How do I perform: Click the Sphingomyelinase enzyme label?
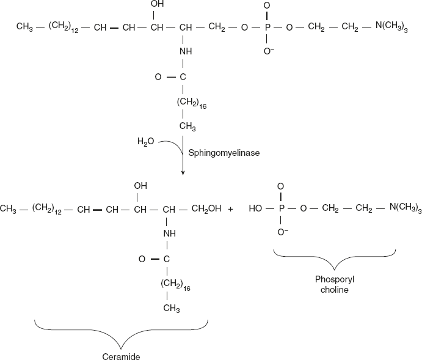coord(224,153)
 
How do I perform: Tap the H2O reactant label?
coord(146,142)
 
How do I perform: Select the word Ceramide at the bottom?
coord(121,355)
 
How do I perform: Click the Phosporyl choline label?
coord(334,284)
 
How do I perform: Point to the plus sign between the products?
coord(231,209)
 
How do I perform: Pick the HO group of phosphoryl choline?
coord(257,209)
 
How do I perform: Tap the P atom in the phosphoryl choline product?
coord(282,209)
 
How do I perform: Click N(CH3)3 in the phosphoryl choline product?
coord(406,209)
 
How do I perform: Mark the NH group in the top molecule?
coord(185,53)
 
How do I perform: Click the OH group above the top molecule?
coord(156,5)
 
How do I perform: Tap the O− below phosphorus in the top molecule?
coord(268,53)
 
